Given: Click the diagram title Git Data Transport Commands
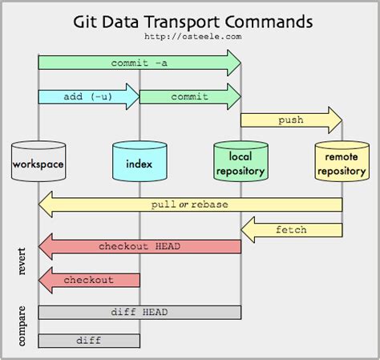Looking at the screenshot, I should click(x=191, y=19).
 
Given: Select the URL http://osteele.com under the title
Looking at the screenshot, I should click(x=190, y=36).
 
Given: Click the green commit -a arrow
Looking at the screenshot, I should click(x=139, y=63).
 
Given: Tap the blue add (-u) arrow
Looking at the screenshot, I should click(x=88, y=96).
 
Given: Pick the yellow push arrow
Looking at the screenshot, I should click(x=291, y=120).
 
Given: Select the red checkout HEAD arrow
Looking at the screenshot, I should click(x=139, y=246).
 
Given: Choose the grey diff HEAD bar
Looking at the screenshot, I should click(x=139, y=312).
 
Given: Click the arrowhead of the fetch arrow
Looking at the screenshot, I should click(x=248, y=230).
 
